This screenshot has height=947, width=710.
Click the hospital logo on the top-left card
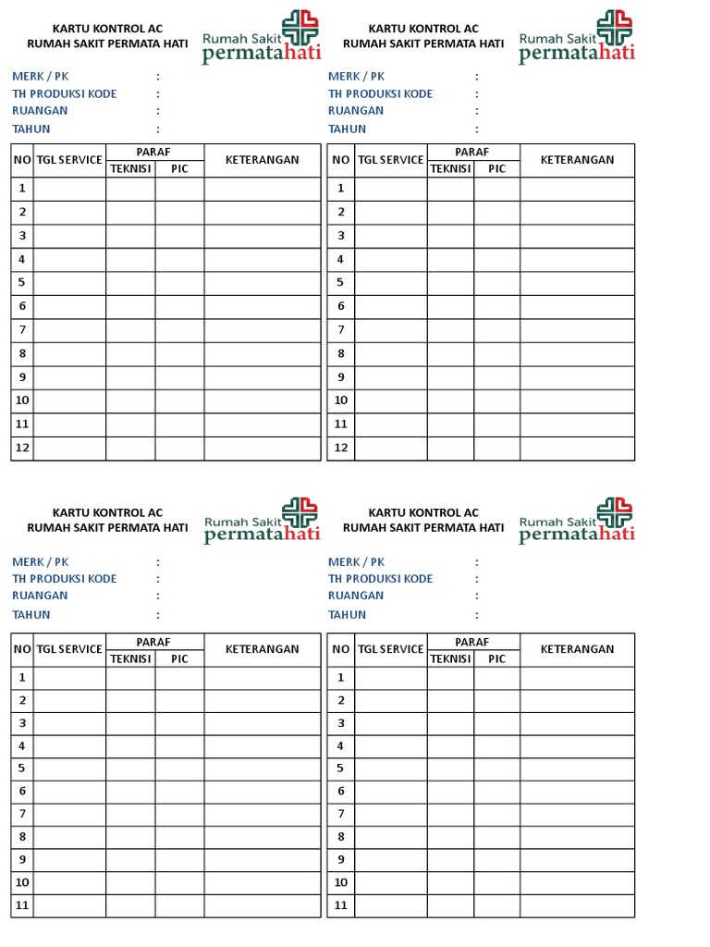point(261,38)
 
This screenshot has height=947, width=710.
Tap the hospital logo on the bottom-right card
point(577,521)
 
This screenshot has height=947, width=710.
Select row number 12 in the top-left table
point(21,448)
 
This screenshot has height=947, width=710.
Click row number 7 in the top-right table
point(340,330)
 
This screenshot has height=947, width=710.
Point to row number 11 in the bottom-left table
point(21,905)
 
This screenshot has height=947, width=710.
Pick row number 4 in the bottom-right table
point(340,745)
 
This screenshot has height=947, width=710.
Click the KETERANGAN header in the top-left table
point(263,160)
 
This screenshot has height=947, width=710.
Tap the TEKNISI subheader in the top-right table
point(450,169)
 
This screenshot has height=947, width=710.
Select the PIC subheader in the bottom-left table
point(179,659)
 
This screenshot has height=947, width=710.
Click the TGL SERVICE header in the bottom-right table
point(390,649)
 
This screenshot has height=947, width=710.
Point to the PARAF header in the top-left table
point(154,152)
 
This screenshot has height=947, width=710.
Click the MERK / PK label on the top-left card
point(40,77)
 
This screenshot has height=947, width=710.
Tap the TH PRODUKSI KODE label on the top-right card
point(380,93)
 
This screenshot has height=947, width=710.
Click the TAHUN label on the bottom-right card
point(347,614)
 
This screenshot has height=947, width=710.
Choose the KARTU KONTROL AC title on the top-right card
point(423,29)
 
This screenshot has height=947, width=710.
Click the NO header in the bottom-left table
point(21,649)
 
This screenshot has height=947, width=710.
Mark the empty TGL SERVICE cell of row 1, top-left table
point(69,189)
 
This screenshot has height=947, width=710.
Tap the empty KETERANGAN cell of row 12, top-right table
point(577,448)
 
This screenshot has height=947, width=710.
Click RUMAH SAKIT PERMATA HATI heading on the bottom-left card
point(107,528)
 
